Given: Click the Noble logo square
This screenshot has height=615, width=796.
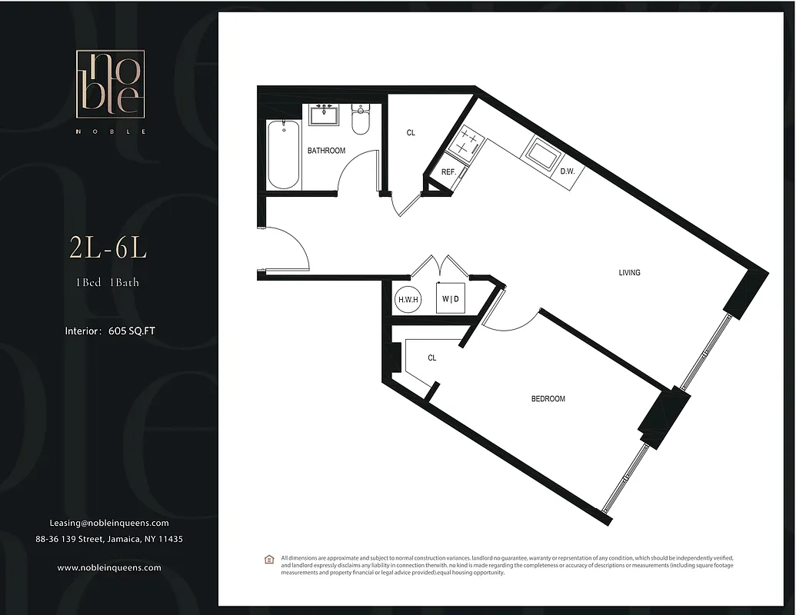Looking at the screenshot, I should point(108,84).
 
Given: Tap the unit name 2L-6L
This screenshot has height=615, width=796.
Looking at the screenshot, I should point(108,248).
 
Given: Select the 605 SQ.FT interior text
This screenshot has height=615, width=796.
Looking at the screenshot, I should point(137,331).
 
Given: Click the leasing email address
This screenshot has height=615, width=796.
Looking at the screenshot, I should point(109,523).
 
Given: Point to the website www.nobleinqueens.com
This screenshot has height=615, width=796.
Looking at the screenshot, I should point(109,567).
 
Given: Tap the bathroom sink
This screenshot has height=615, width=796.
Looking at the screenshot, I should point(325,115).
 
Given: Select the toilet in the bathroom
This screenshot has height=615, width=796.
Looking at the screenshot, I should point(361,119).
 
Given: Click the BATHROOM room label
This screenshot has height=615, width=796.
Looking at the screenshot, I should point(326,151).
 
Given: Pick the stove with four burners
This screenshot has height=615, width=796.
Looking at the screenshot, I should point(464,141).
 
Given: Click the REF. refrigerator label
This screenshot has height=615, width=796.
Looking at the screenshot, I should point(448,172).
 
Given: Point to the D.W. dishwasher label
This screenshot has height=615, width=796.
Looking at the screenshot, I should point(568,171).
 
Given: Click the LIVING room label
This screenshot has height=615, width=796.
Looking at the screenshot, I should point(629,273).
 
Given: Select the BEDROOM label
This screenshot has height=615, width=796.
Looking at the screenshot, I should point(548,399).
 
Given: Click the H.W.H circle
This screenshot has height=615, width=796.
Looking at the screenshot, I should point(408,299).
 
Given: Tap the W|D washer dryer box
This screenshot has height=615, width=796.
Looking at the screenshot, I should point(450,298).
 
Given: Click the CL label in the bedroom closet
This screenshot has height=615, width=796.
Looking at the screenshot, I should point(431,358).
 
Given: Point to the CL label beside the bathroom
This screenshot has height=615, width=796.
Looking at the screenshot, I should point(411,133).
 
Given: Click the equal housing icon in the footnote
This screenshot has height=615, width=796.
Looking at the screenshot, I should point(268,559).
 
